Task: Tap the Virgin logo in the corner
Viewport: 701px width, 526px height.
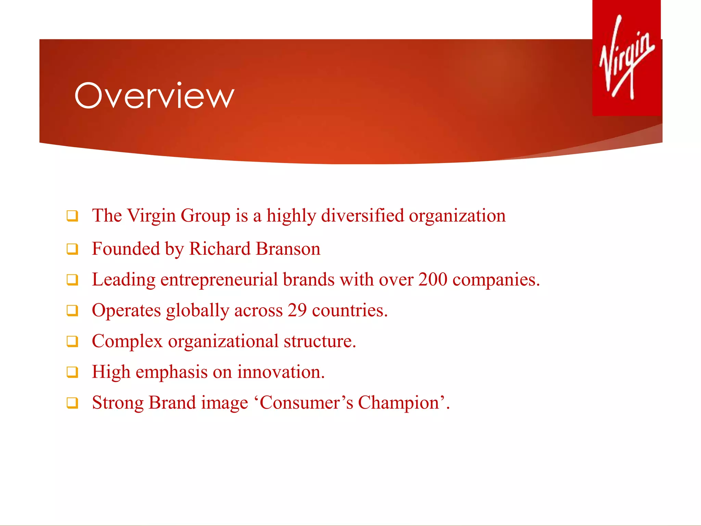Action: tap(627, 58)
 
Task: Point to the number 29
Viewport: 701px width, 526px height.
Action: tap(297, 310)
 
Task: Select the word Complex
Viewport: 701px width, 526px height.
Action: tap(127, 341)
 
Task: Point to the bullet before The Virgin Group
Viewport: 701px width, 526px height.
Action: tap(72, 216)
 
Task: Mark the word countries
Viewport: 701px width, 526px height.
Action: tap(349, 310)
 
